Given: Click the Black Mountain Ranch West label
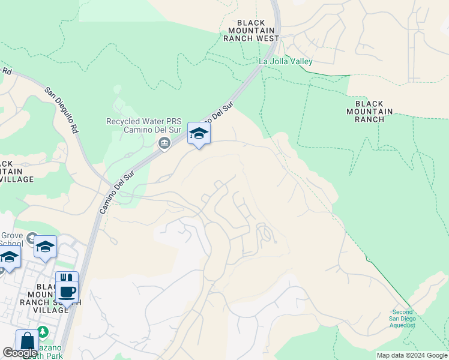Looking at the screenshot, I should point(251,30).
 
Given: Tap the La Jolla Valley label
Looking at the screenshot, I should point(285,61).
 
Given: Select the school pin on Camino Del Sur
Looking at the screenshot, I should point(199,134).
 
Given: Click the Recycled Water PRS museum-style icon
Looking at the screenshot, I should point(164,143).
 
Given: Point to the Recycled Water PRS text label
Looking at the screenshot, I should point(139,125).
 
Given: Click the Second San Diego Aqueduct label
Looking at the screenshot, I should point(403,319).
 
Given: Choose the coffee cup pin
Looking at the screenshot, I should point(67,292).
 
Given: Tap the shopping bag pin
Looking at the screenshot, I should point(27,341).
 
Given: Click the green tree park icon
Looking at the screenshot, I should point(42,331).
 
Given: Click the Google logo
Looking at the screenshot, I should point(20,353).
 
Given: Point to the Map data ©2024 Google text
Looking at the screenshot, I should point(411,355).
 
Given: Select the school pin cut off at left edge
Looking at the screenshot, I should point(8,259).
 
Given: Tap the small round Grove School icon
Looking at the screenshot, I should point(32,239).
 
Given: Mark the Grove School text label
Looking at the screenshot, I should point(11,239).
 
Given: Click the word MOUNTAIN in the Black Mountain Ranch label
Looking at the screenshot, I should point(370,112).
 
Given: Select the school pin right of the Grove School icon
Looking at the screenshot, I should point(45,247).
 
